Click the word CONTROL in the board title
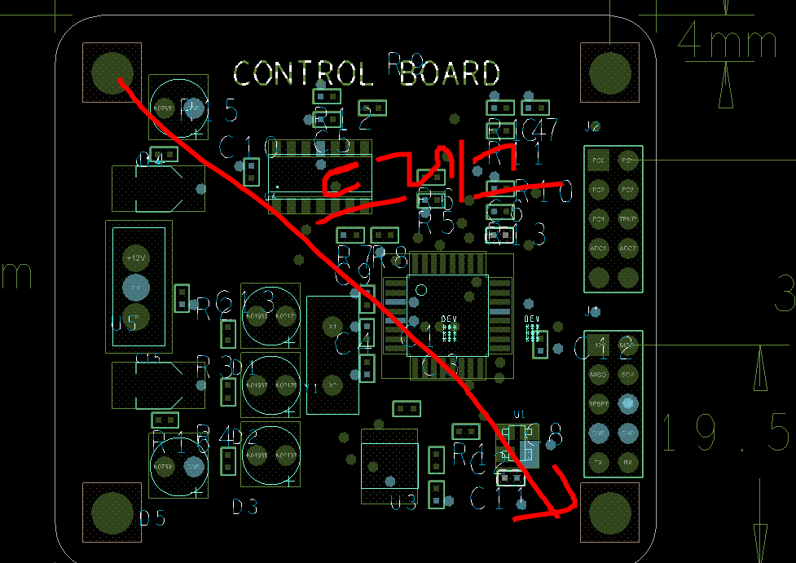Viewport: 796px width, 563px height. coord(302,74)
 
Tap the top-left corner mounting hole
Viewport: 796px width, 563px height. coord(112,72)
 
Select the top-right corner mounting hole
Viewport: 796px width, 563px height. coord(609,73)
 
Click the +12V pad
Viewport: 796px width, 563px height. coord(136,257)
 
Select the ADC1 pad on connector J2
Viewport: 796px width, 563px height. coord(599,248)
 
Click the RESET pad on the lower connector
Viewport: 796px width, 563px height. coord(599,402)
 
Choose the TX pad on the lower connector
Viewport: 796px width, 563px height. coord(599,461)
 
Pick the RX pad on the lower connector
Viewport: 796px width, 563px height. coord(627,461)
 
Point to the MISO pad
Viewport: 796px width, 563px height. coord(599,374)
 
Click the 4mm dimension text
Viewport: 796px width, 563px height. coord(727,42)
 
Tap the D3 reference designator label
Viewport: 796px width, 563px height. coord(244,508)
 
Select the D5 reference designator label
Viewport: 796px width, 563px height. coord(152,517)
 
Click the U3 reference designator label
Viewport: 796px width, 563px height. coord(403,504)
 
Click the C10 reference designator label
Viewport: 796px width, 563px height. coord(249,147)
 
